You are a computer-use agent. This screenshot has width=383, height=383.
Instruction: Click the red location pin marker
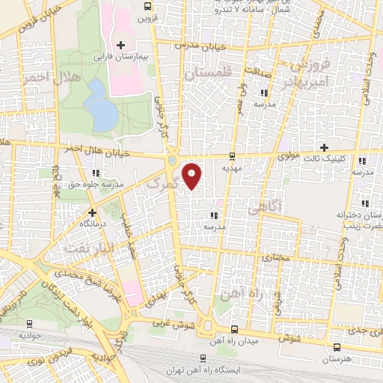point(193,176)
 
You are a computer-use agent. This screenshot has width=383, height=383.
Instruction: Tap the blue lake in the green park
point(97,102)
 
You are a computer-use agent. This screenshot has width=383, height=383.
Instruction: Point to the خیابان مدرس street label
point(195,45)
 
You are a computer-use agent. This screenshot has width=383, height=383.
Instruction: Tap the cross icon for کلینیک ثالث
point(323,147)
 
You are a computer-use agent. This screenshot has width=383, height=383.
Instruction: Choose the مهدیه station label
point(231,168)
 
